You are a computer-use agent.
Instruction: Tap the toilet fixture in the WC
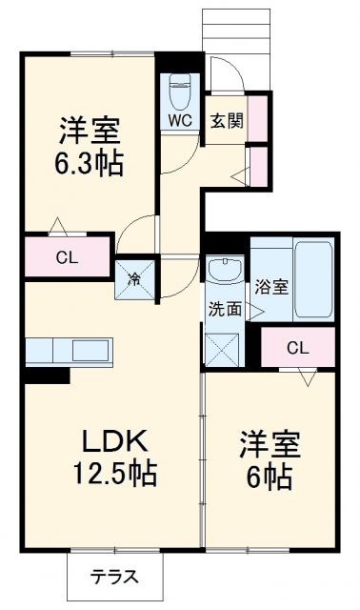coord(179,91)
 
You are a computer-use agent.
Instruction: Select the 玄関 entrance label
coord(226,120)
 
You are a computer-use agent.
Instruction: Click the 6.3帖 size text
coord(89,161)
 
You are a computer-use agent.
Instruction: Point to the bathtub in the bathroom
coord(312,282)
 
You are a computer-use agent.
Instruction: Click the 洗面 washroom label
coord(224,308)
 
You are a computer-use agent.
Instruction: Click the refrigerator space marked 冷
coord(135,279)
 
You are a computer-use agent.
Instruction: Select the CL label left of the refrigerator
coord(66,256)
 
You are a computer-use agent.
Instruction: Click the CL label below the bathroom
coord(297,348)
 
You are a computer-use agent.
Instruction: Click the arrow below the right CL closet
coord(309,377)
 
